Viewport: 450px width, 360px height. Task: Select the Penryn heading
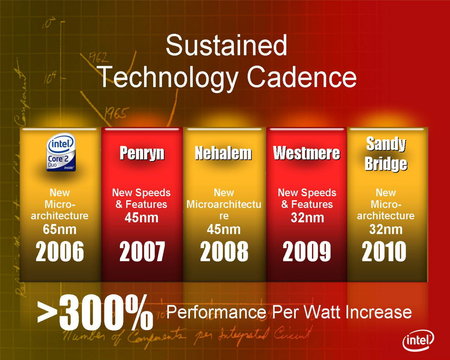[143, 154]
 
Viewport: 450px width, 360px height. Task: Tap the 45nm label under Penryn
[142, 218]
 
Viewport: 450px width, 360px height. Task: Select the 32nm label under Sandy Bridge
[378, 229]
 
